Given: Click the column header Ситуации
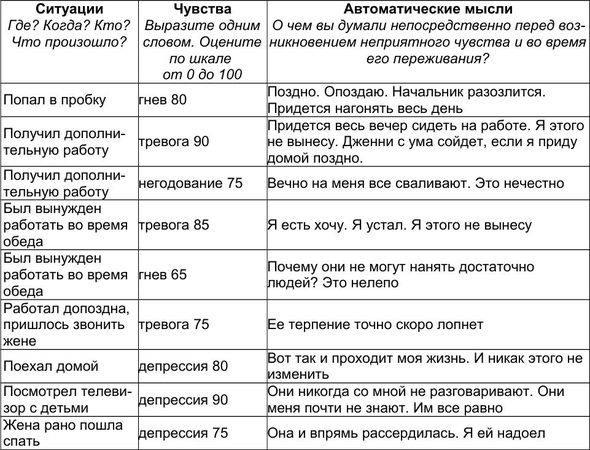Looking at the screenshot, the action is tap(66, 8).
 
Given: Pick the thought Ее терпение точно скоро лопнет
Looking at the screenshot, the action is tap(375, 324).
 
